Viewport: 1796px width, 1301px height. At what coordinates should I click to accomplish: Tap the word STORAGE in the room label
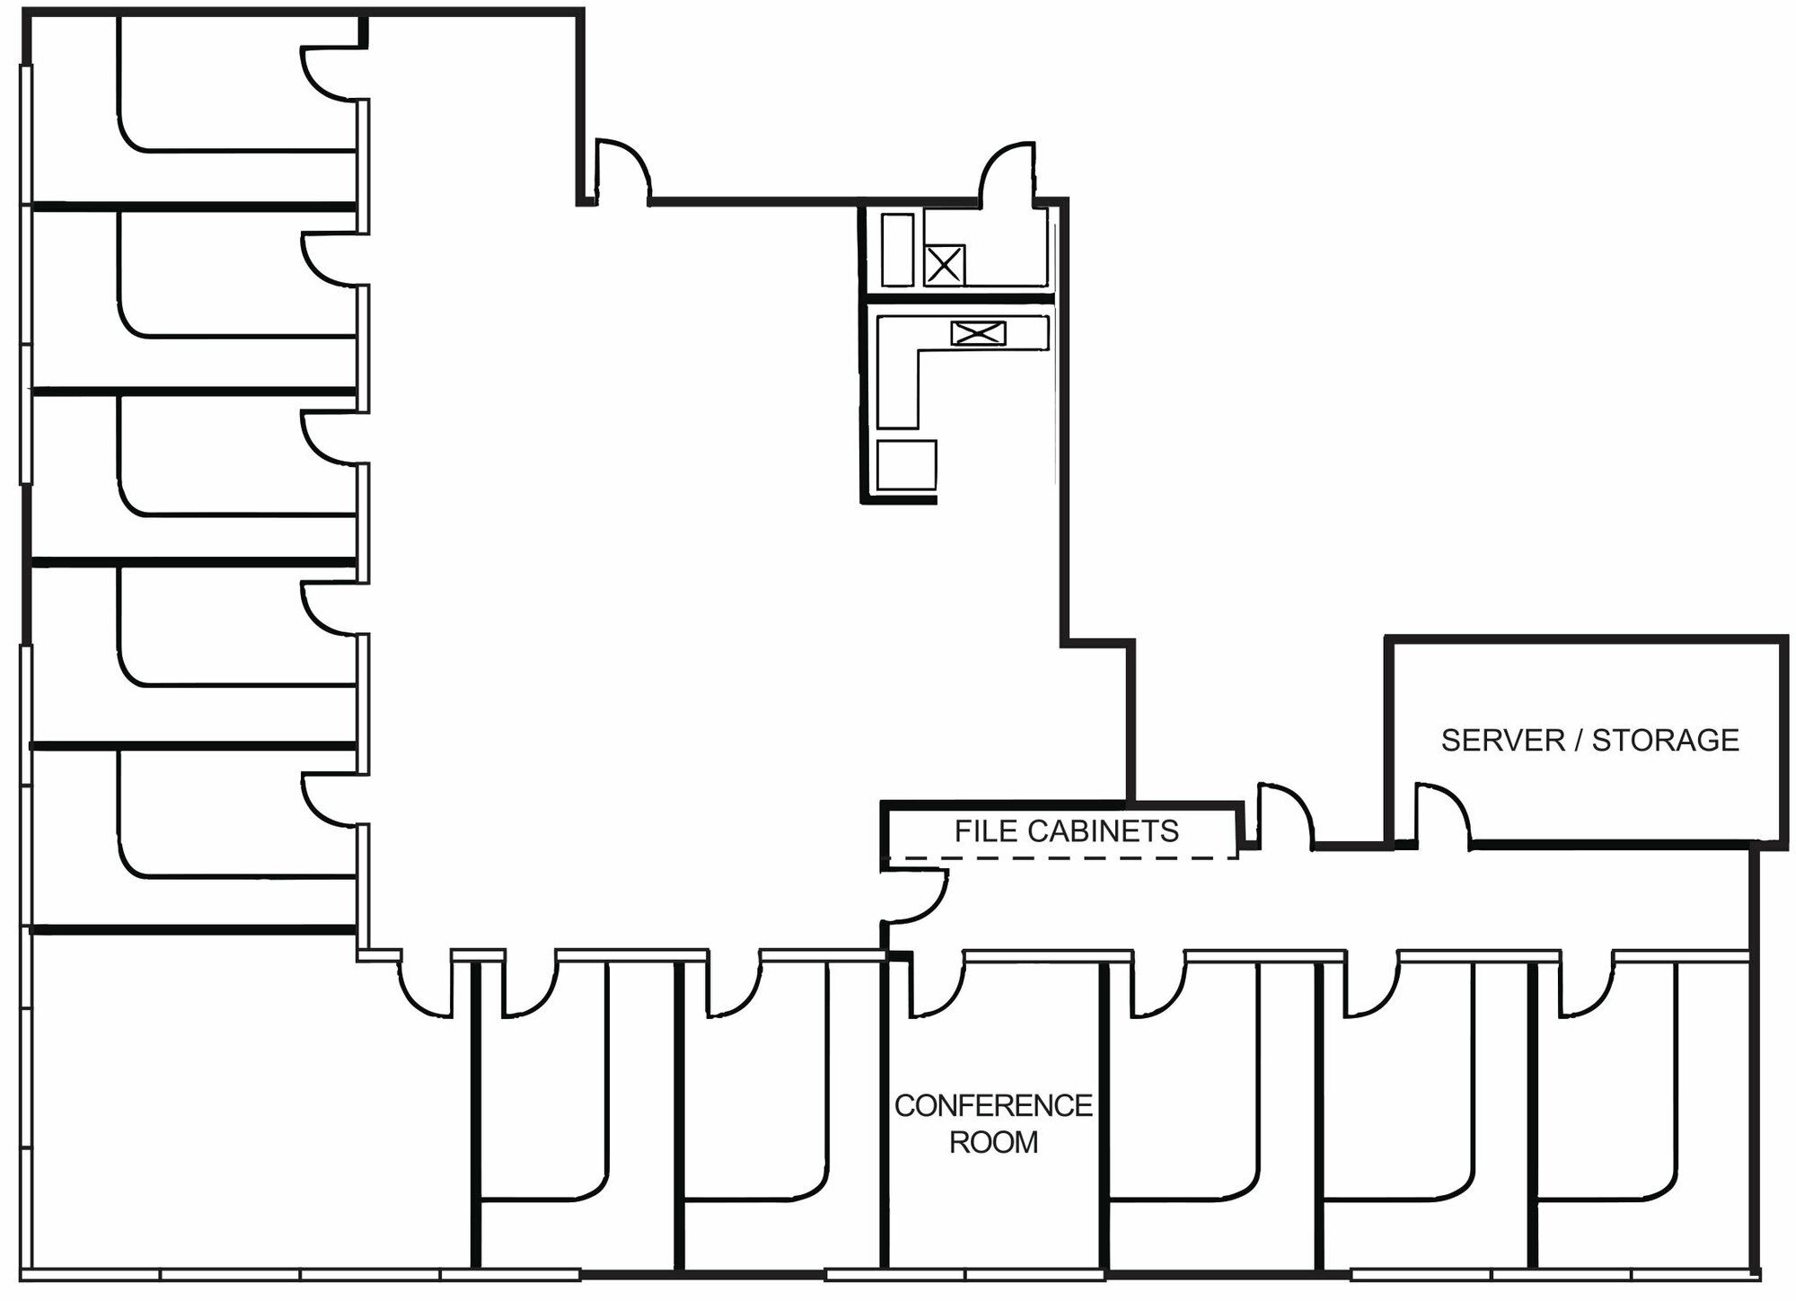point(1666,740)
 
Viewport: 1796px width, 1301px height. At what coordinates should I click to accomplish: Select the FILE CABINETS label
point(1066,831)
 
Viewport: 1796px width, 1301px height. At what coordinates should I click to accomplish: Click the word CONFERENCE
point(993,1105)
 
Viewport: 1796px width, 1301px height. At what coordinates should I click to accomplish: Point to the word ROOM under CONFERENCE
point(993,1142)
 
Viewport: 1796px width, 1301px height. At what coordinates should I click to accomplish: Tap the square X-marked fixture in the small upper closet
point(944,265)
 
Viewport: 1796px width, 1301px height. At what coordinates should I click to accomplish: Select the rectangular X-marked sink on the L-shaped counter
point(978,334)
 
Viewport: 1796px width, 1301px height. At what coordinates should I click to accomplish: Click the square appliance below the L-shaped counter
point(906,464)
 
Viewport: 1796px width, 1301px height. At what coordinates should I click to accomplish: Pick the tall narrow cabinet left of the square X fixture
point(898,250)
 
